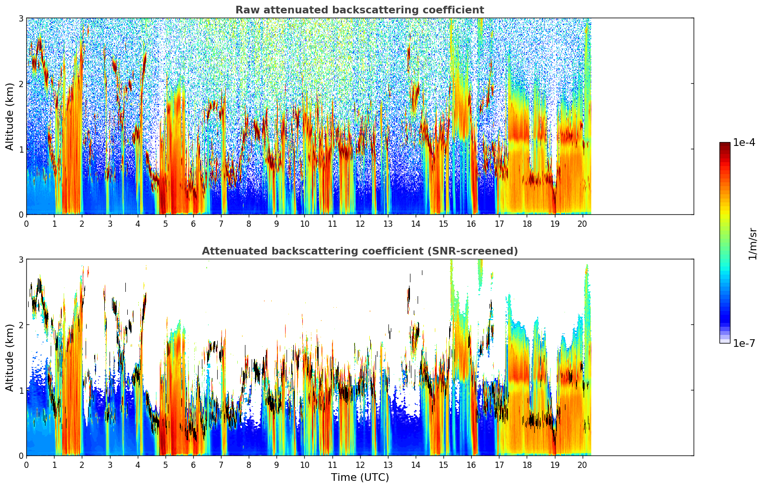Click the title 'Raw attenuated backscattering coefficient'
pyautogui.click(x=360, y=10)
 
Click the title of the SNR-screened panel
pyautogui.click(x=360, y=251)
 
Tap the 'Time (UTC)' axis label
pyautogui.click(x=360, y=477)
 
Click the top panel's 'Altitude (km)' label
pyautogui.click(x=10, y=116)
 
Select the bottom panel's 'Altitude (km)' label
pyautogui.click(x=10, y=357)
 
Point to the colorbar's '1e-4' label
pyautogui.click(x=744, y=143)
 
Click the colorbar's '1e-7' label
pyautogui.click(x=744, y=344)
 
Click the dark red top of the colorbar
pyautogui.click(x=725, y=144)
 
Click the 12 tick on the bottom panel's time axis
pyautogui.click(x=360, y=465)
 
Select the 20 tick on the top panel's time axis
pyautogui.click(x=582, y=223)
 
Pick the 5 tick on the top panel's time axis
pyautogui.click(x=166, y=223)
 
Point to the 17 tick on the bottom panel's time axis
pyautogui.click(x=499, y=465)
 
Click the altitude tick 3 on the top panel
pyautogui.click(x=21, y=18)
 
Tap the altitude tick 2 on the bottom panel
pyautogui.click(x=21, y=325)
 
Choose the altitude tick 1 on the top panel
pyautogui.click(x=21, y=149)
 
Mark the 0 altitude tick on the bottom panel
pyautogui.click(x=21, y=456)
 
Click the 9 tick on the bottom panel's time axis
pyautogui.click(x=276, y=465)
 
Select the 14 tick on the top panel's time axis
pyautogui.click(x=416, y=223)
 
